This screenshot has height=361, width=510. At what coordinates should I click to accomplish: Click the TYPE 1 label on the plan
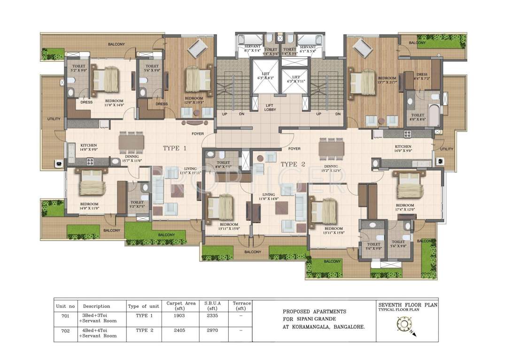(174, 148)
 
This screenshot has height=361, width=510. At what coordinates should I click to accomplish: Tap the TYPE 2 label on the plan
(293, 164)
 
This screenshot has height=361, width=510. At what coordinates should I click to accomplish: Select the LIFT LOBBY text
(270, 108)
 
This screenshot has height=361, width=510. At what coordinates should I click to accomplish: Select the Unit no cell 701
(65, 316)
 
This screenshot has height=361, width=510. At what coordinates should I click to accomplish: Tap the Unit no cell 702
(65, 331)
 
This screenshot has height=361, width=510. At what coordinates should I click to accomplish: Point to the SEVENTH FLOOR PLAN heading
(408, 305)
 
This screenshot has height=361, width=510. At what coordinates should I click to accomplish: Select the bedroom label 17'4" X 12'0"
(404, 208)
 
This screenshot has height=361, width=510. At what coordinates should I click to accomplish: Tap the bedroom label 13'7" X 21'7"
(387, 80)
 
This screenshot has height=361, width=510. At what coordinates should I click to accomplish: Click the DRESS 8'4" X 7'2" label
(421, 76)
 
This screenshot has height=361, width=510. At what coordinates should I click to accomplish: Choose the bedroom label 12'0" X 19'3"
(193, 87)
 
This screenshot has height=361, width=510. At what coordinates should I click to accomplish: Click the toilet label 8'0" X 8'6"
(417, 118)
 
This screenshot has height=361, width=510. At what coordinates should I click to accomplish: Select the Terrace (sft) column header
(241, 306)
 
